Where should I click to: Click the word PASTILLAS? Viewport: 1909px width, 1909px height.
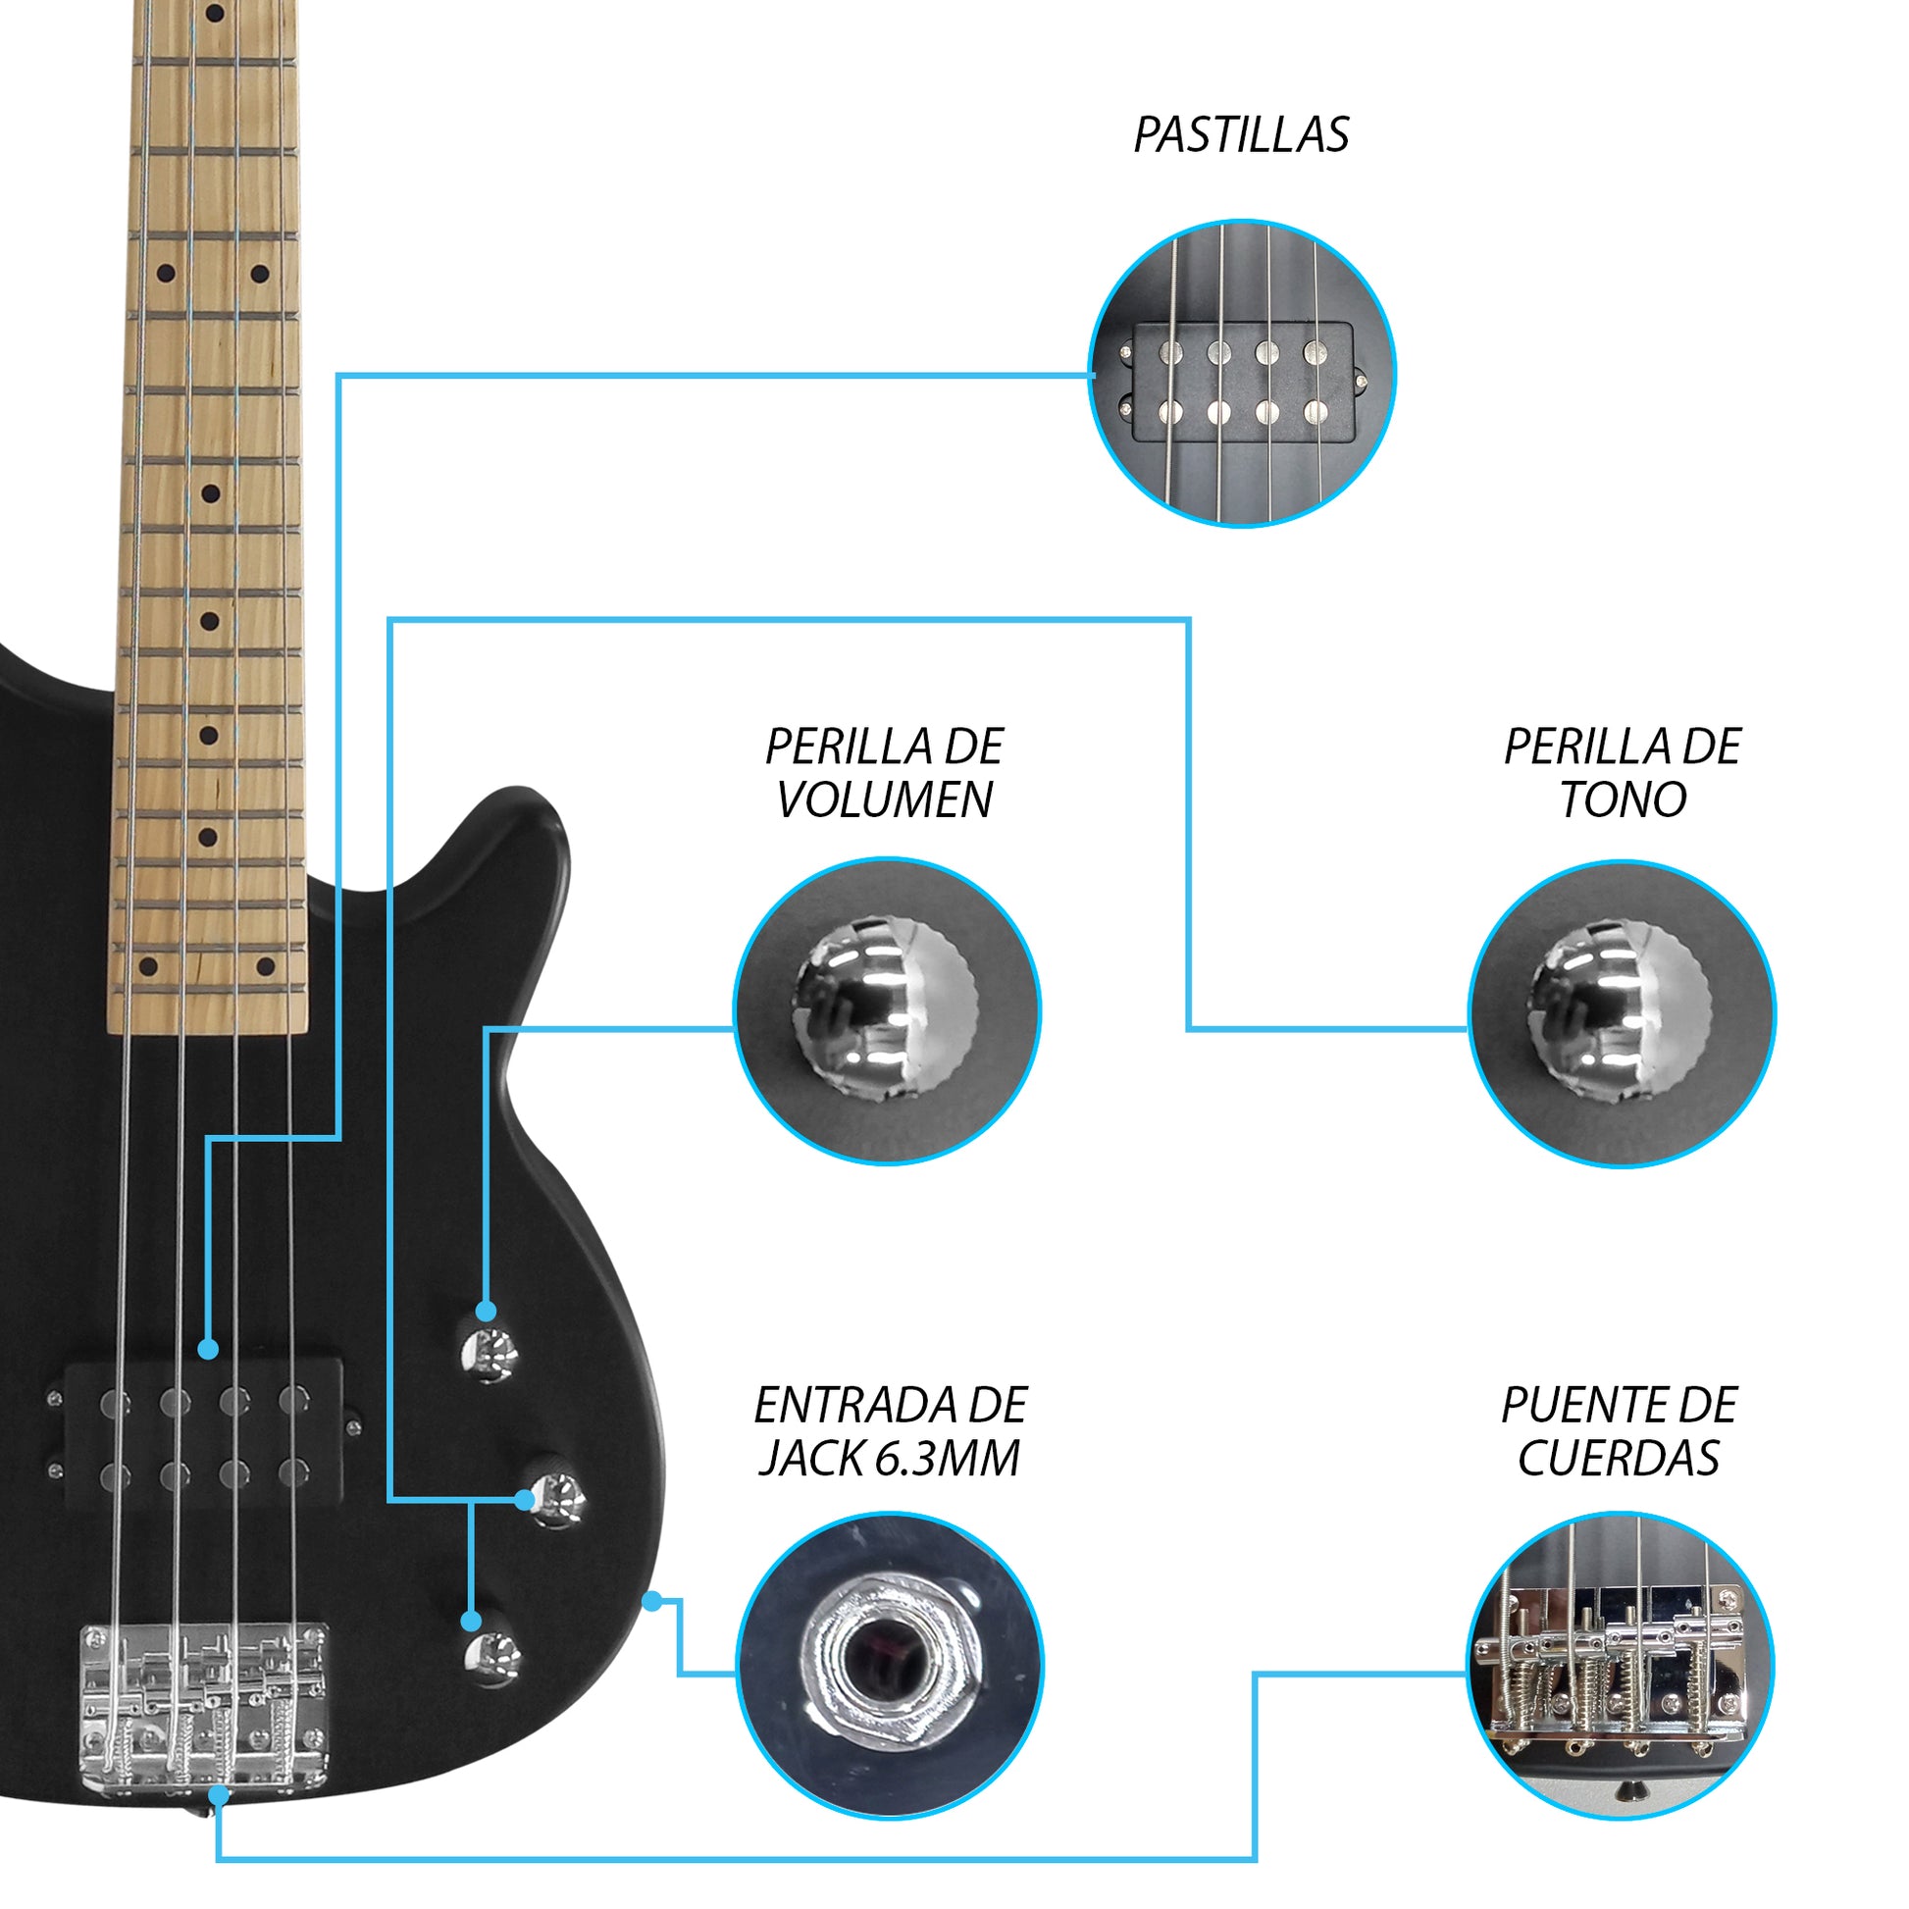click(1240, 135)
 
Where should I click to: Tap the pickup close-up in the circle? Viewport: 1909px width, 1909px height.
click(1242, 375)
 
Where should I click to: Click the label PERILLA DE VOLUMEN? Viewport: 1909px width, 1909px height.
click(884, 773)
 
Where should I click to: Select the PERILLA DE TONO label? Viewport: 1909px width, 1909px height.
click(1622, 773)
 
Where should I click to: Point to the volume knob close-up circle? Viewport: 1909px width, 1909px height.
click(887, 1010)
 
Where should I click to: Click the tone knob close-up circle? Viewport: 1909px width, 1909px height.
click(1622, 1013)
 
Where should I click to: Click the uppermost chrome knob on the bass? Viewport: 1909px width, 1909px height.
click(490, 1353)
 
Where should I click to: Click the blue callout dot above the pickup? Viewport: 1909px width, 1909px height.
click(208, 1349)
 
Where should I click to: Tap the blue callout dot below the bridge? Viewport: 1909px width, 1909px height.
click(219, 1795)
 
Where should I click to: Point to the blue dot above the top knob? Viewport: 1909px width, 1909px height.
click(486, 1312)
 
